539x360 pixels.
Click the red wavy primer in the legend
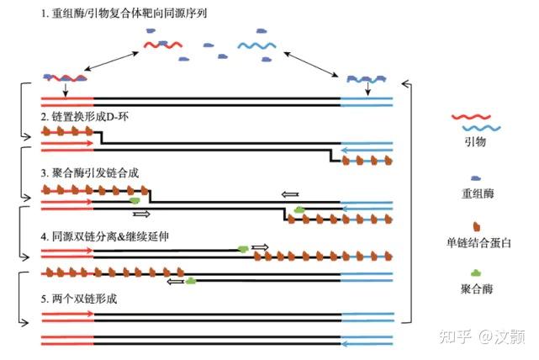(475, 118)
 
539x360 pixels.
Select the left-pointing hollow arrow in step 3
(290, 194)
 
